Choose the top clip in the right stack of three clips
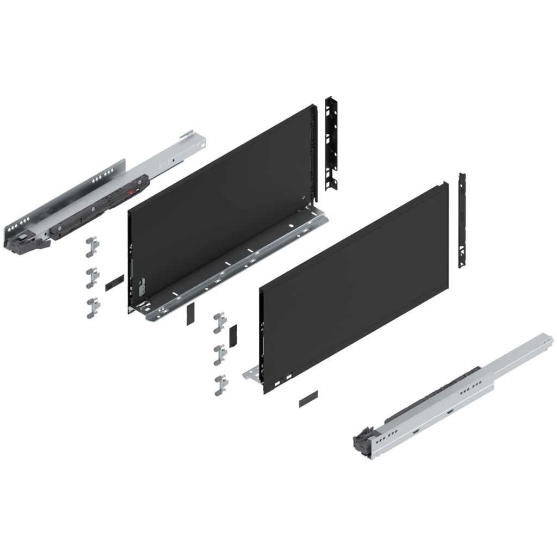tap(220, 321)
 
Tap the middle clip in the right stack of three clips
tap(220, 354)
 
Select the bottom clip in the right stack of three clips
tap(220, 385)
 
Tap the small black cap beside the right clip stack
tap(233, 335)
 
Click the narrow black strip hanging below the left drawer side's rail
tap(189, 314)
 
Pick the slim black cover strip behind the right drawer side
tap(461, 220)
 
